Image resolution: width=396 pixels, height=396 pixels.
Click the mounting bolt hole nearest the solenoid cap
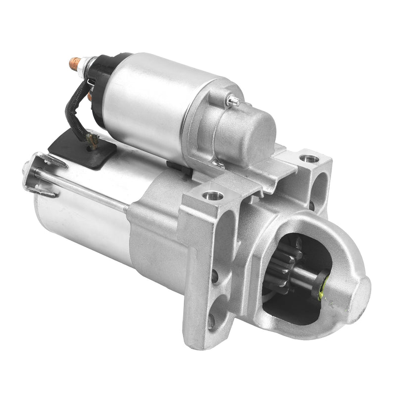coord(309,159)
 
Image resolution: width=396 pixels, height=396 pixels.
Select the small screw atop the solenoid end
coord(233,101)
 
